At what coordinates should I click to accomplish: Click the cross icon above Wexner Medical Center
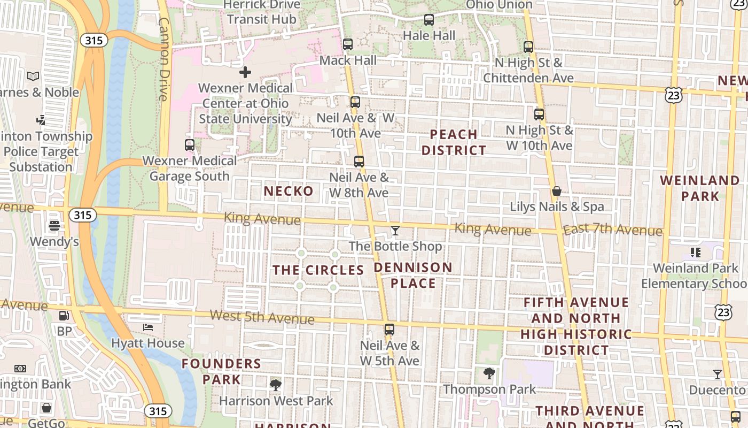[245, 72]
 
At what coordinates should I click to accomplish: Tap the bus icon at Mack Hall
[348, 44]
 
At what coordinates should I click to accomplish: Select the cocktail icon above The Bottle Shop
[395, 231]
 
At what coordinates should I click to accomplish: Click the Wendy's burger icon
[54, 226]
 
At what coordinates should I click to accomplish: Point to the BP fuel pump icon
[64, 316]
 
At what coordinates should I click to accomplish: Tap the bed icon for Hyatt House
[148, 327]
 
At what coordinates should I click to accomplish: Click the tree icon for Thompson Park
[489, 373]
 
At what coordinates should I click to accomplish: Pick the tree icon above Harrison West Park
[276, 384]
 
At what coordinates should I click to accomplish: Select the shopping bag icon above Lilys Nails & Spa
[556, 190]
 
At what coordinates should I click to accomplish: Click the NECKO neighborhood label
[289, 191]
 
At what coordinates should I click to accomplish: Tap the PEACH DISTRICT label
[454, 142]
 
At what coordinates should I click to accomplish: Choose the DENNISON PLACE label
[413, 275]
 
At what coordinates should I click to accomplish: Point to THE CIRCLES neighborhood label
[318, 270]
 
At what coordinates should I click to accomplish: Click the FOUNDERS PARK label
[221, 371]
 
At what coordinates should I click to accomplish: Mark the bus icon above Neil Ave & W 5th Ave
[389, 330]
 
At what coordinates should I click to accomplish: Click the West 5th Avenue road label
[262, 317]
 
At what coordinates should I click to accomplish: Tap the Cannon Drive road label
[164, 59]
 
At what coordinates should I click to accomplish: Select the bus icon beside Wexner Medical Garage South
[190, 144]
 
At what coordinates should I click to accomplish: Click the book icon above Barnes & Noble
[33, 76]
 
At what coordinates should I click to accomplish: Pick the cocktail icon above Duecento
[718, 374]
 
